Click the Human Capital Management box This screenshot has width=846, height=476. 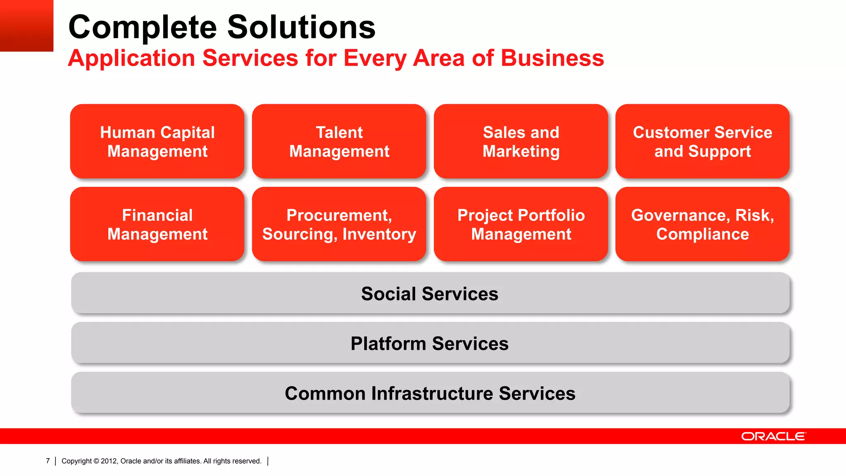(157, 141)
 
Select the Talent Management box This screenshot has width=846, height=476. (339, 141)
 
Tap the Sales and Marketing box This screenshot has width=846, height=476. (520, 141)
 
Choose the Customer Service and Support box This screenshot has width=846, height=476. (702, 141)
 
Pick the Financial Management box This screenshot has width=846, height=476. (157, 224)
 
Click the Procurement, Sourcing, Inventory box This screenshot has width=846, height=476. (339, 224)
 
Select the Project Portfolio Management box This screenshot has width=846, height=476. (520, 224)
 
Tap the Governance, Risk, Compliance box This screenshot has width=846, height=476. (702, 224)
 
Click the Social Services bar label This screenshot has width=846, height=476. (430, 294)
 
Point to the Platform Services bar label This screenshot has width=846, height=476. (430, 343)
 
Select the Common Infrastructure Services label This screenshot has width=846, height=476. (430, 393)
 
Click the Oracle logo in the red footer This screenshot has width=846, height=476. (773, 436)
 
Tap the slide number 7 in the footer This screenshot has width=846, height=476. (48, 461)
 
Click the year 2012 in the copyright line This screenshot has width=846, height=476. (109, 461)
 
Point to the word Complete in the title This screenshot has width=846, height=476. (143, 28)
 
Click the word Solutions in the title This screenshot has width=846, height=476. (301, 27)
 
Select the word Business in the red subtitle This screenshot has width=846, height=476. (552, 58)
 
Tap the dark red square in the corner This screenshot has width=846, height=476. (26, 25)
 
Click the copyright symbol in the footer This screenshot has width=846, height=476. (96, 461)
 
